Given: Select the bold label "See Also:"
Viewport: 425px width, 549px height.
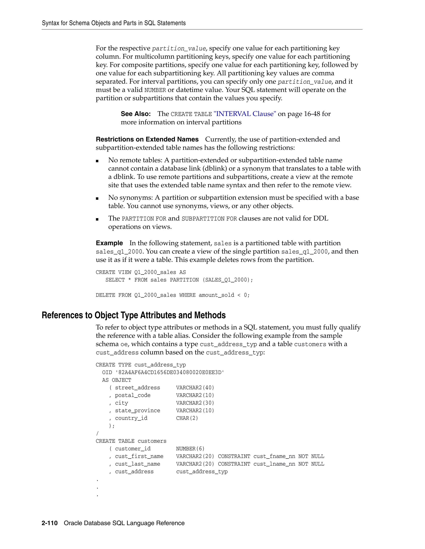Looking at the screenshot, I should (136, 114).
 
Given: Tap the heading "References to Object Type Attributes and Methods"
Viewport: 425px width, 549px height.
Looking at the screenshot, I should (133, 315).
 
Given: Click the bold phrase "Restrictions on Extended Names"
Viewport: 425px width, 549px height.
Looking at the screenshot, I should (147, 139).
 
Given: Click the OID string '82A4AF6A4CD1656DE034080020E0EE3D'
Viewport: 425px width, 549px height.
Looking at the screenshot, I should (170, 372).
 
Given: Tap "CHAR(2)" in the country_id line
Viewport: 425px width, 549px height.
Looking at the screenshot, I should (187, 418).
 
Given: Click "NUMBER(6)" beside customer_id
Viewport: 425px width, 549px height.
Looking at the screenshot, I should (190, 449).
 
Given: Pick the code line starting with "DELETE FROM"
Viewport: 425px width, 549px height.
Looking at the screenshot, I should (172, 295).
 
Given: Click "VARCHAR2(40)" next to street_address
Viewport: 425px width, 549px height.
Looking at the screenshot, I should (195, 388).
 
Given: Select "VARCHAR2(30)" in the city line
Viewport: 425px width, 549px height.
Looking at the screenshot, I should (195, 403).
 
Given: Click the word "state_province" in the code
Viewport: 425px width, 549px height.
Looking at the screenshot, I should (137, 410).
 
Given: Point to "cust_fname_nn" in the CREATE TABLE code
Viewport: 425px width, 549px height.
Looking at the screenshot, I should (274, 456).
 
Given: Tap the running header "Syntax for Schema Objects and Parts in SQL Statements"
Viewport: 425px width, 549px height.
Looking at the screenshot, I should (114, 23).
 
